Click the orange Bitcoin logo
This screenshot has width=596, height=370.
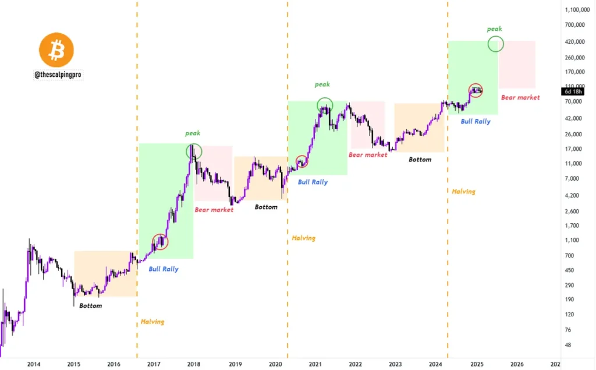click(x=56, y=50)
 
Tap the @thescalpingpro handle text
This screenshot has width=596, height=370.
click(x=58, y=75)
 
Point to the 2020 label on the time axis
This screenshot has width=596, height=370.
click(x=275, y=364)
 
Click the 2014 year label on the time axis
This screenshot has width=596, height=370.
click(x=34, y=364)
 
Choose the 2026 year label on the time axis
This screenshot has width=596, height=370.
click(x=517, y=364)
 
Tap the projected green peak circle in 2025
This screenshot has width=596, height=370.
click(x=495, y=44)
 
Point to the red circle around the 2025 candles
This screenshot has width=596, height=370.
click(x=476, y=90)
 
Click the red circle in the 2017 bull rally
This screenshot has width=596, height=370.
click(x=159, y=241)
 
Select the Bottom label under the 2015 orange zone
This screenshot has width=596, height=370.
click(x=91, y=306)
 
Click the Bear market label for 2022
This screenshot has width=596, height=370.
click(x=368, y=155)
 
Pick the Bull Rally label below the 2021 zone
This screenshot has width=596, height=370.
click(x=313, y=182)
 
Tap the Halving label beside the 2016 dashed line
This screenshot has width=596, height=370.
click(x=152, y=322)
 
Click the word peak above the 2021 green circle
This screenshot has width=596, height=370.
click(x=322, y=85)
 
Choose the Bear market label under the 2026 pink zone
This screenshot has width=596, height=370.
click(x=520, y=98)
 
